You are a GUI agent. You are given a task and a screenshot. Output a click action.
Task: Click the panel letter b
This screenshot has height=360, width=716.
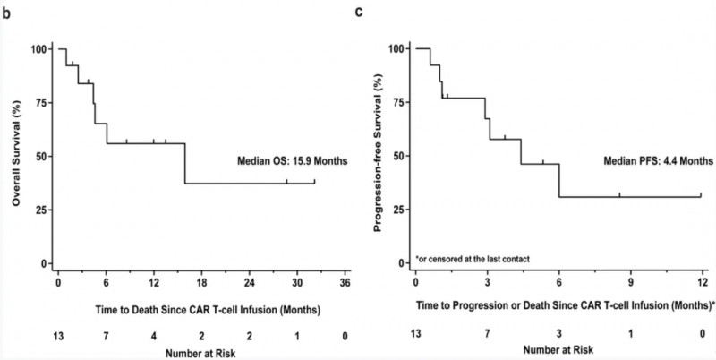[x=10, y=11]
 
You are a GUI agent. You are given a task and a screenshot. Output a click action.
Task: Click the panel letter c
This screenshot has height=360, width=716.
[x=359, y=11]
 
